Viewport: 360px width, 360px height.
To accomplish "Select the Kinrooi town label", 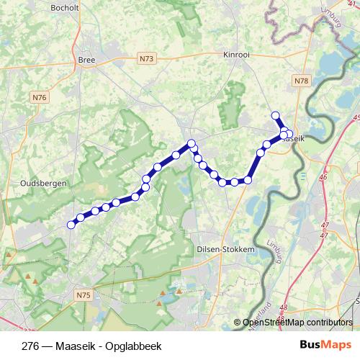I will pos(238,55).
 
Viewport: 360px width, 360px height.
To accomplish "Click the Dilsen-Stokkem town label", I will pos(225,248).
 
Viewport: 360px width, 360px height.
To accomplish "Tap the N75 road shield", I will pos(83,294).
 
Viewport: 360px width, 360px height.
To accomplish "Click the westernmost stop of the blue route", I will pos(71,225).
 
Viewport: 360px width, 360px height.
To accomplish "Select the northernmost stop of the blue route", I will pos(274,115).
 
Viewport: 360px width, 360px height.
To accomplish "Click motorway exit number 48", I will pos(283,307).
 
